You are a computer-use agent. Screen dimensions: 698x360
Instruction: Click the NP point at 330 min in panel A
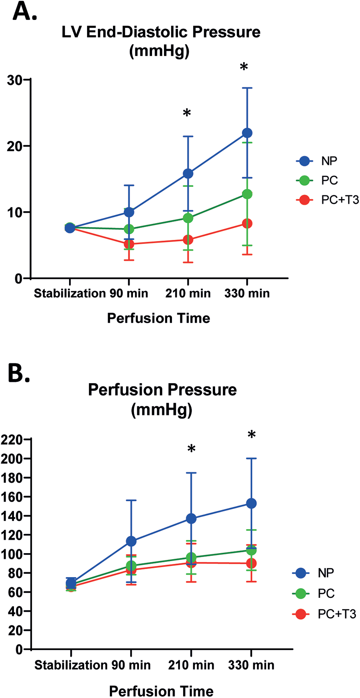click(x=247, y=133)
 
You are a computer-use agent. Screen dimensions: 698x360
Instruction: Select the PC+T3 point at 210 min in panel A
click(x=188, y=240)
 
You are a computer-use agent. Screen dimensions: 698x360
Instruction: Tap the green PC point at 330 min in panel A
click(x=247, y=194)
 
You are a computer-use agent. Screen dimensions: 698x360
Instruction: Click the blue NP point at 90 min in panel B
click(x=131, y=541)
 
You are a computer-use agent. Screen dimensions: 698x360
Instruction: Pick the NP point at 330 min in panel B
click(x=251, y=504)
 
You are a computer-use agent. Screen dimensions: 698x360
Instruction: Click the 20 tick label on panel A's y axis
click(x=14, y=146)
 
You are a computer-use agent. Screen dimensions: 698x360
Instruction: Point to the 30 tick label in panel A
click(x=14, y=80)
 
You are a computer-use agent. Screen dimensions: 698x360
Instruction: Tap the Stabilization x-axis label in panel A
click(x=64, y=293)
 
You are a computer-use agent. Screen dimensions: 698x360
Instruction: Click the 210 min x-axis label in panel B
click(x=191, y=665)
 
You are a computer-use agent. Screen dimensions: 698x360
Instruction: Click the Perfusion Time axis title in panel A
click(x=158, y=318)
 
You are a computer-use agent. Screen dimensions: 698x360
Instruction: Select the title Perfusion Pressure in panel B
click(x=162, y=390)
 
